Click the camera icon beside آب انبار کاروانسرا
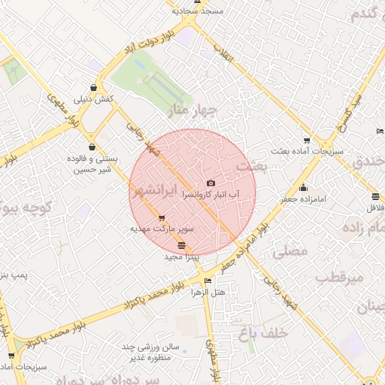click(210, 183)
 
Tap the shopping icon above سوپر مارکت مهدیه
click(161, 218)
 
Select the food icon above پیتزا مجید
click(180, 246)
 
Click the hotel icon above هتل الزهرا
click(208, 281)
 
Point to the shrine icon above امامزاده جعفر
click(303, 188)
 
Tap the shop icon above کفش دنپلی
click(92, 87)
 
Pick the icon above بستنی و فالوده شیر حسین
click(92, 147)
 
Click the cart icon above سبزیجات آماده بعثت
click(307, 141)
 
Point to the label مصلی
click(293, 251)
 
